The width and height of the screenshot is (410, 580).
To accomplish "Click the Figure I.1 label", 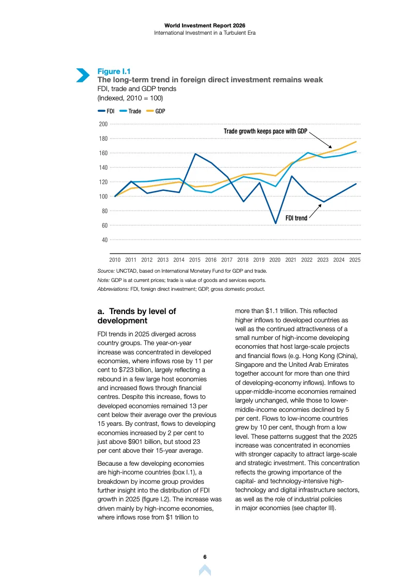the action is [x=114, y=71].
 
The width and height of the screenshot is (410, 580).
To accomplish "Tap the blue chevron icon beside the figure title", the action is [x=83, y=75].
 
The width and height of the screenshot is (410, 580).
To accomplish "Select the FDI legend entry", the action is [x=106, y=111].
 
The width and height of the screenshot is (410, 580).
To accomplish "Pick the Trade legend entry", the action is [x=130, y=111].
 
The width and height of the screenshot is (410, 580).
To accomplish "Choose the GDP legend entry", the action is [x=156, y=111].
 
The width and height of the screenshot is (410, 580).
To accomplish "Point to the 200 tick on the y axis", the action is [x=103, y=124].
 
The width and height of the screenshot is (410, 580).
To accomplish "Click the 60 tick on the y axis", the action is [x=104, y=226].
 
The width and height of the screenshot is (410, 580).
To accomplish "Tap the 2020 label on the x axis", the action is [x=275, y=260].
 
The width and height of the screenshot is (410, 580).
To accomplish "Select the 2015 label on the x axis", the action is [x=195, y=260].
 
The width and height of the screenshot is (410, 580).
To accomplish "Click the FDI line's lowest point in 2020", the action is [x=276, y=224].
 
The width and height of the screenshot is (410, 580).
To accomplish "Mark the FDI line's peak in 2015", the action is [x=195, y=154].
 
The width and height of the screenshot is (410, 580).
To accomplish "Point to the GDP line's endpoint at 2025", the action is [x=356, y=142].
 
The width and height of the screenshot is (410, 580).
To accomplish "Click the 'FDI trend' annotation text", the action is [x=296, y=218].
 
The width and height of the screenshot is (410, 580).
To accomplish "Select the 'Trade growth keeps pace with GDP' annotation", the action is [x=265, y=131].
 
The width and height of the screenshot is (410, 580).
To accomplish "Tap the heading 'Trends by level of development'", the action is [x=137, y=316].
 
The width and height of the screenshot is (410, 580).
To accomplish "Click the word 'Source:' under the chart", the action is [x=106, y=271].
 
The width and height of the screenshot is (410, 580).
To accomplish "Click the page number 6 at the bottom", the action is [x=205, y=557].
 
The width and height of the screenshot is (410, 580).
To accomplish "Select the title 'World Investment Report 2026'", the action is [x=205, y=25].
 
